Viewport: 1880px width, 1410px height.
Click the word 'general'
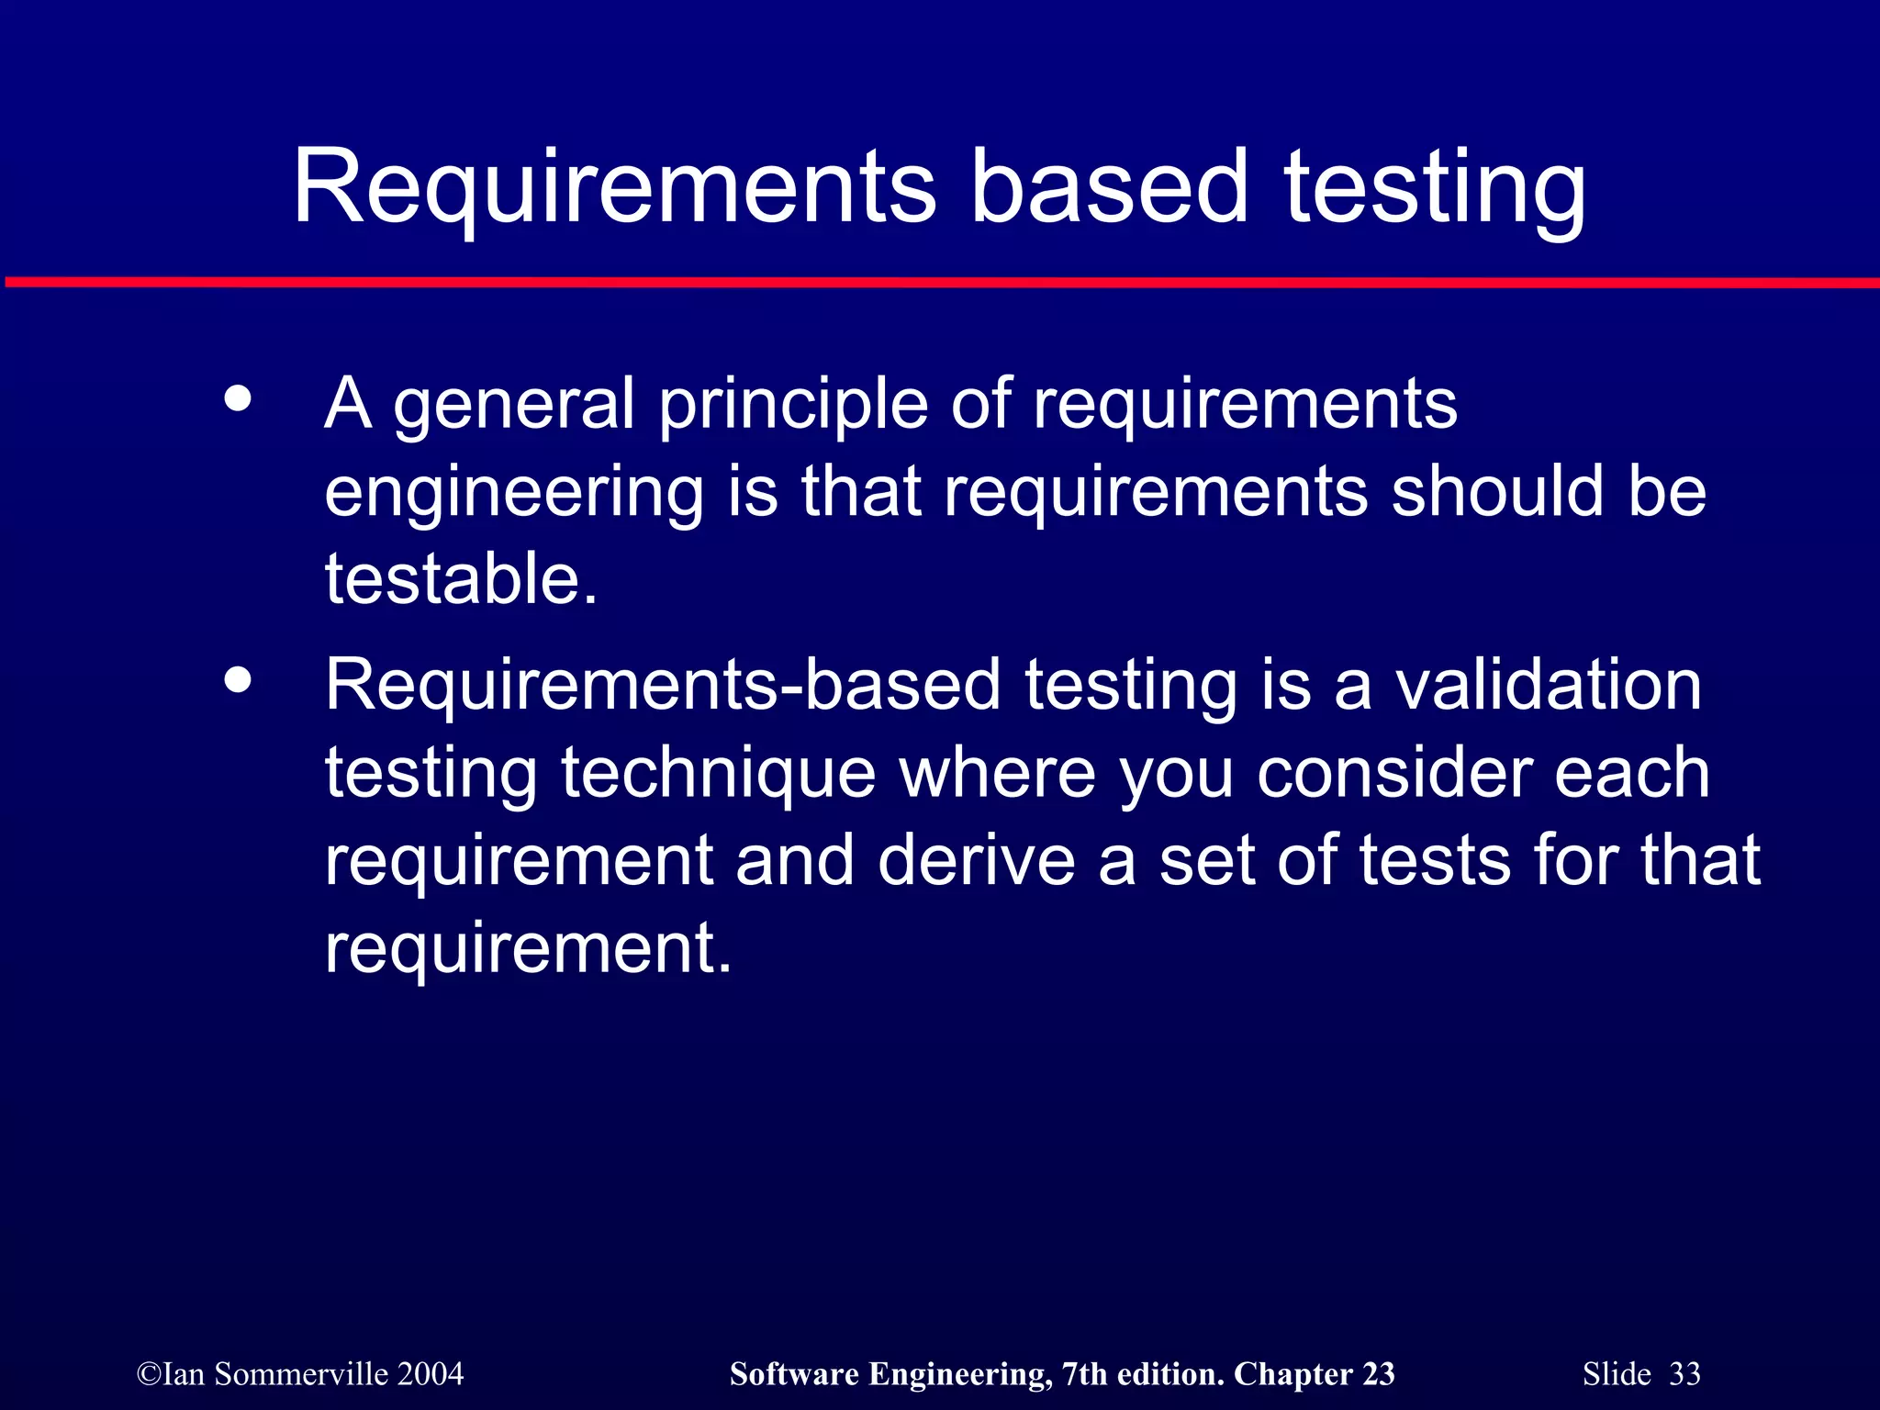pyautogui.click(x=514, y=405)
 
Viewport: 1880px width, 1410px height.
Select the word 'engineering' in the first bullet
pyautogui.click(x=513, y=494)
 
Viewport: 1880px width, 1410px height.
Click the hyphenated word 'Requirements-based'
pyautogui.click(x=662, y=685)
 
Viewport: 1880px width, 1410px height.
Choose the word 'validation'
pyautogui.click(x=1549, y=685)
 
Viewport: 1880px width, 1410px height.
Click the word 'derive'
pyautogui.click(x=976, y=860)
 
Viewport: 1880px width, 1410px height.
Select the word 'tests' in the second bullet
pyautogui.click(x=1435, y=860)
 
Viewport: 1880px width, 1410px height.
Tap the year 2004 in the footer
pyautogui.click(x=431, y=1374)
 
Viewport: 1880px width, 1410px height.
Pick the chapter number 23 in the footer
pyautogui.click(x=1378, y=1374)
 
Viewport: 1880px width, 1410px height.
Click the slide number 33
pyautogui.click(x=1684, y=1374)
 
